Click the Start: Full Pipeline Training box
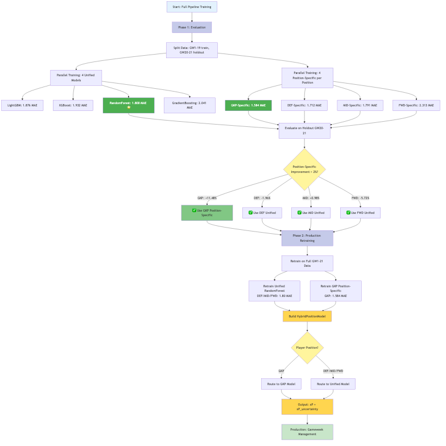pos(192,7)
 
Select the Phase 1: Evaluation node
pos(192,27)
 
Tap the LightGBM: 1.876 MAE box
pos(22,105)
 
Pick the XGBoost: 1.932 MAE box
pos(73,105)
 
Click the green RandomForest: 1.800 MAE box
pos(129,105)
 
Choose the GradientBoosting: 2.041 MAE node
pos(189,105)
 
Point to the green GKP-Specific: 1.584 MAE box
pos(248,105)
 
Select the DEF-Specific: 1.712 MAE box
pos(304,105)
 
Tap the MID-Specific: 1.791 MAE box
pos(360,105)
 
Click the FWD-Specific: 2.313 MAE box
pos(416,105)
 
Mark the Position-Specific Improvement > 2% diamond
pos(304,169)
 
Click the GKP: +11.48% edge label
pos(207,198)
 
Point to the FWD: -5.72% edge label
pos(360,198)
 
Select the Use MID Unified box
pos(311,213)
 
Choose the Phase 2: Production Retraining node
pos(307,238)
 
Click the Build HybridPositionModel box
pos(307,316)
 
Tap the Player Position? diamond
pos(307,348)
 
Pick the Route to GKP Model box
pos(281,384)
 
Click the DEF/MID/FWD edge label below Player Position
pos(333,371)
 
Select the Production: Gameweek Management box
pos(307,432)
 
